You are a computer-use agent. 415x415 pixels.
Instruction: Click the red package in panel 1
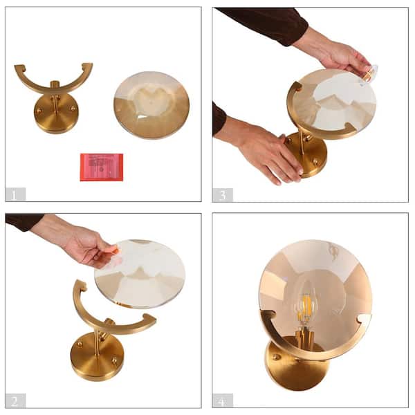(102, 167)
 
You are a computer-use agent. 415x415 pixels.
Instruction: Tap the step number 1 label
(15, 194)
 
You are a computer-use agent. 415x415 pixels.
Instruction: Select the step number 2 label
(15, 400)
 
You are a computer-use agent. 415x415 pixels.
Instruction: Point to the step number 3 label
(223, 195)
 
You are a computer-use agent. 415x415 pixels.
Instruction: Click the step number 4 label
(223, 400)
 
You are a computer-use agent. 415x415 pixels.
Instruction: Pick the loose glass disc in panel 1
(151, 105)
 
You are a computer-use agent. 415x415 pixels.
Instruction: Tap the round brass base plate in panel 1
(55, 114)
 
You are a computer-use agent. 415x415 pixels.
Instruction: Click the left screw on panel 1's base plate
(39, 111)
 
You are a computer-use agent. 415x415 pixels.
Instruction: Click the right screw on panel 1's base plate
(73, 108)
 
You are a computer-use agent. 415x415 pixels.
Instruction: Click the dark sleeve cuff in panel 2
(24, 221)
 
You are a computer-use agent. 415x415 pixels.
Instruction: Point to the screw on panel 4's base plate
(276, 358)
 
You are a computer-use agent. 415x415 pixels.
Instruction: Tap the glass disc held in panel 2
(140, 274)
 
